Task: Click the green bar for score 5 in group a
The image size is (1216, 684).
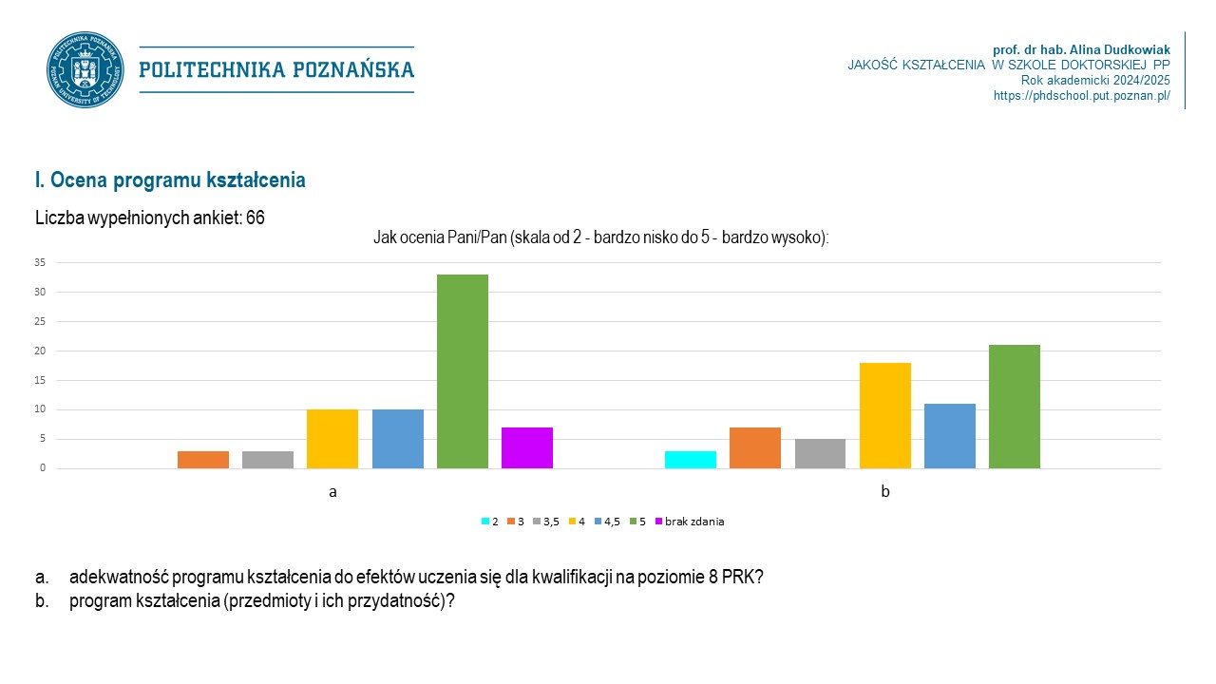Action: pos(463,371)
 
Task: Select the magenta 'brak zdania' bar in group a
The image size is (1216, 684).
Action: pos(527,448)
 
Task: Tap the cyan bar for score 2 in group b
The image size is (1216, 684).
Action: pos(691,460)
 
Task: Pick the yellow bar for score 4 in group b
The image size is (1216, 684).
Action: pos(885,416)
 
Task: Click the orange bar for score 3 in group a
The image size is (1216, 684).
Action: pos(203,460)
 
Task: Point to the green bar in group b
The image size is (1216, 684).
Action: pos(1015,407)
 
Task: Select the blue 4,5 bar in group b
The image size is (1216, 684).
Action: pos(950,436)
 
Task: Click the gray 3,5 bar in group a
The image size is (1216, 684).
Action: pos(268,460)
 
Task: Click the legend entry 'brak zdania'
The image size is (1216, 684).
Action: pos(693,522)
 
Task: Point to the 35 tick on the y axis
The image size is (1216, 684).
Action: pos(39,262)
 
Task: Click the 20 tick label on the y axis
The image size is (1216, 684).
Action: pos(39,351)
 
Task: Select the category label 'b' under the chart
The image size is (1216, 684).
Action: pos(885,492)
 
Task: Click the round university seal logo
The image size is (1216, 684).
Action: pos(85,69)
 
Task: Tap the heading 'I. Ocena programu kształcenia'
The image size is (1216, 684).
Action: pos(170,180)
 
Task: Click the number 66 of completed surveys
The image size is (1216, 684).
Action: pos(255,218)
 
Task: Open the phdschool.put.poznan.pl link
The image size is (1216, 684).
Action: pos(1081,96)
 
